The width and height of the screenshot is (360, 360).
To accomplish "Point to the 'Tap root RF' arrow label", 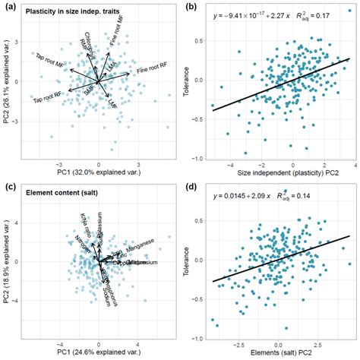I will click(46, 96).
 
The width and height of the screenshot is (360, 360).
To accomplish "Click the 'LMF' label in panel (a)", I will click(112, 101).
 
